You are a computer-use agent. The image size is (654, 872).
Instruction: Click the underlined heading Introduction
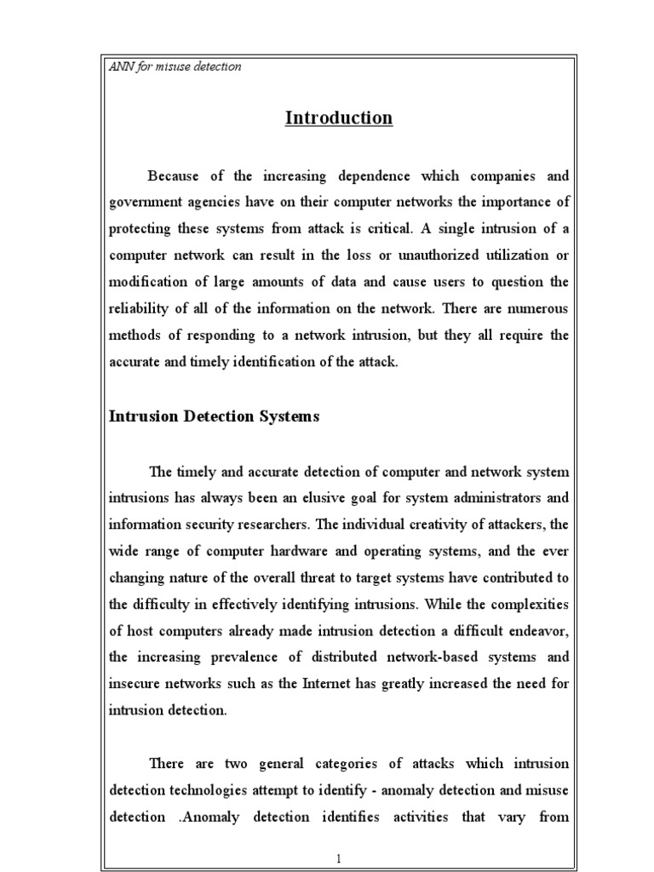click(x=339, y=118)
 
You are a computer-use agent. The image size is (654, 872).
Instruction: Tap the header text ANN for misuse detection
click(x=175, y=66)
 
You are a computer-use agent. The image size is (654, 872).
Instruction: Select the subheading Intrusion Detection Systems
click(x=215, y=416)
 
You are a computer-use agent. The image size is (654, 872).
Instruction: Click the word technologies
click(x=215, y=789)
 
